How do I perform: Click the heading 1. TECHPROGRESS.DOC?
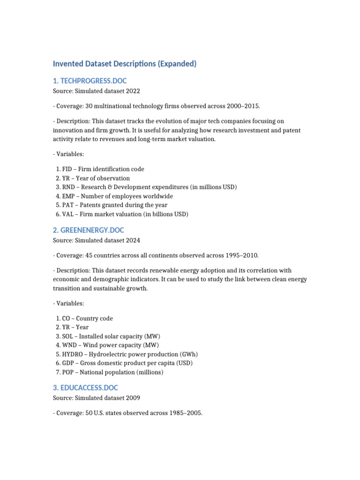pos(90,81)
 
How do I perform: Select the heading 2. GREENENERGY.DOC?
pos(88,230)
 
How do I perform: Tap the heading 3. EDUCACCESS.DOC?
pos(85,388)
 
